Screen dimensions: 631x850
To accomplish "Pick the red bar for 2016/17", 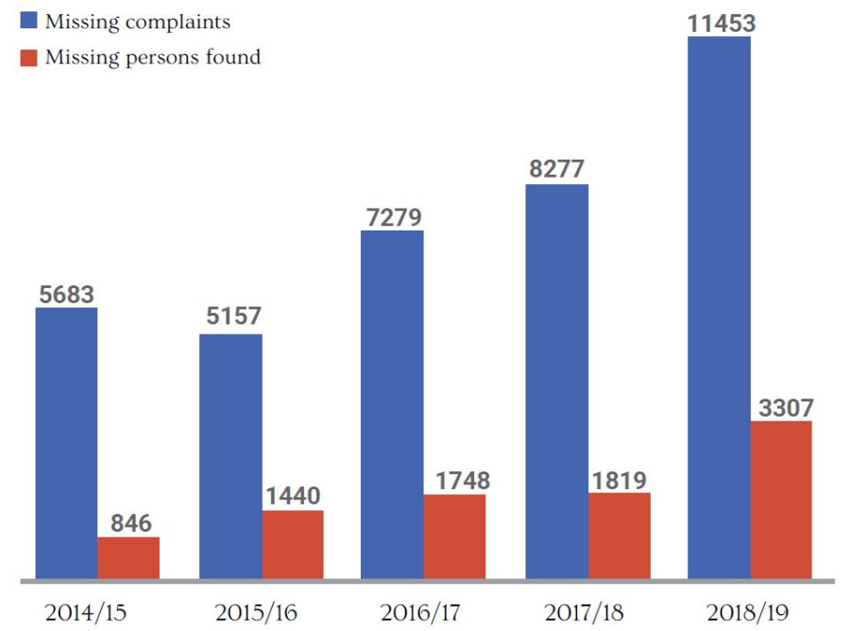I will tap(454, 536).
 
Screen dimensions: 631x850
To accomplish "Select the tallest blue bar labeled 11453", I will tap(719, 307).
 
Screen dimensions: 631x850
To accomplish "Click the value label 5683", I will tap(67, 294).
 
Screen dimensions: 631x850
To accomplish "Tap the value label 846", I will tap(129, 523).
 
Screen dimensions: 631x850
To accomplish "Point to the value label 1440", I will tap(293, 496).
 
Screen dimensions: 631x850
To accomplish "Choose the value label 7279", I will tap(392, 216).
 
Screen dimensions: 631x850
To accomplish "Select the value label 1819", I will tap(620, 479).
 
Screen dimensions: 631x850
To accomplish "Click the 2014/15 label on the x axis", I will tap(85, 611).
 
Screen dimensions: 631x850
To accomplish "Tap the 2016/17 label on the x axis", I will tap(419, 611).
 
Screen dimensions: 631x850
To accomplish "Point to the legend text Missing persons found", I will tap(153, 58).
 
